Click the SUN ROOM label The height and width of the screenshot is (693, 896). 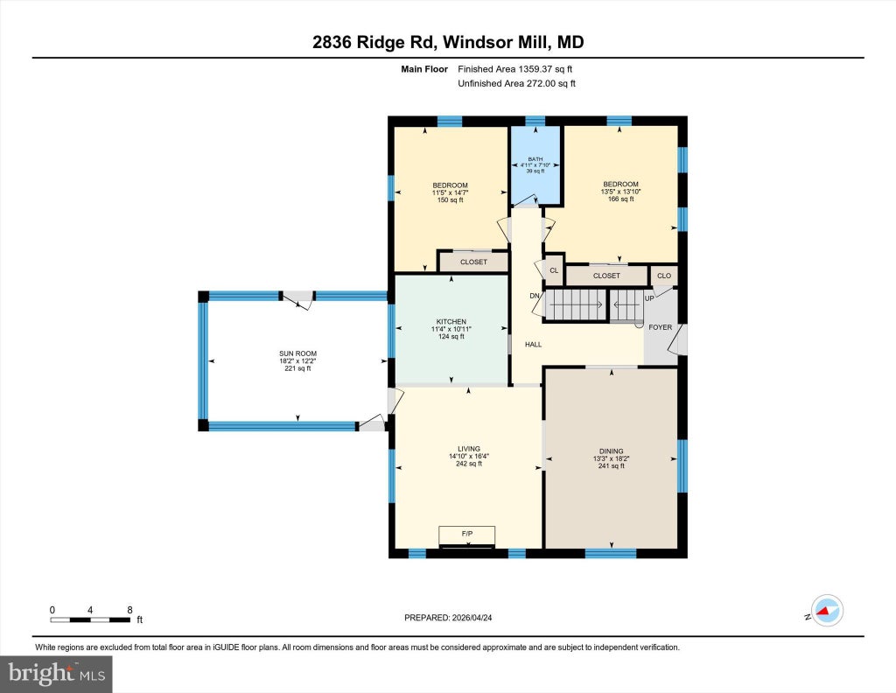[x=297, y=353]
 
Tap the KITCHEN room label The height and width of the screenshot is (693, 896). [x=451, y=322]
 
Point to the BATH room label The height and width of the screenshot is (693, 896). [x=535, y=159]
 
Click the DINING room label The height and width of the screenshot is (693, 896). [x=612, y=451]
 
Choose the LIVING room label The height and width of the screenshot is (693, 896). [x=469, y=449]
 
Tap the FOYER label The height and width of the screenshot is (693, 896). [x=661, y=327]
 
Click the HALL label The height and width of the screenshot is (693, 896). [x=533, y=345]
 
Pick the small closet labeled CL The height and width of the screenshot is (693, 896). [x=554, y=270]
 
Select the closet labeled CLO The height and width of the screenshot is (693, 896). [x=664, y=276]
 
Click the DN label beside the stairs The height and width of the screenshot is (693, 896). [x=535, y=296]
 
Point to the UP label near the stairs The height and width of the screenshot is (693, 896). [x=649, y=298]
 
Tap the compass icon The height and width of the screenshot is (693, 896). [x=828, y=611]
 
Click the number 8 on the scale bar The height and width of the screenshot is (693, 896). [x=129, y=610]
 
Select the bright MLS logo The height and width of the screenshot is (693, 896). [x=56, y=674]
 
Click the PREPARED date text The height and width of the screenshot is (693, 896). [x=448, y=618]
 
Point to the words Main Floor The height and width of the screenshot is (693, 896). [x=424, y=69]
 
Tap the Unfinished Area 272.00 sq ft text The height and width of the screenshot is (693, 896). [x=516, y=83]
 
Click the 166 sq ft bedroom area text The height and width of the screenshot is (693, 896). [x=620, y=199]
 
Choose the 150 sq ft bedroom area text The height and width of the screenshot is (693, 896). [x=451, y=200]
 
